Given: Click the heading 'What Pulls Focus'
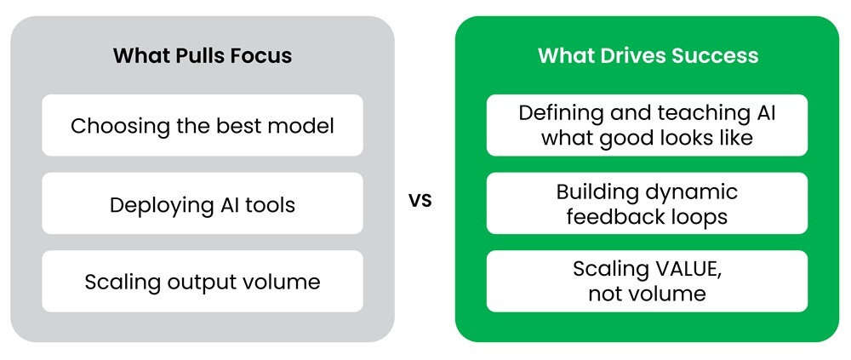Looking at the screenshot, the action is tap(203, 55).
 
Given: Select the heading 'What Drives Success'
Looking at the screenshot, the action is tap(648, 55).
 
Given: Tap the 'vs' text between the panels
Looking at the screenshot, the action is tap(420, 201).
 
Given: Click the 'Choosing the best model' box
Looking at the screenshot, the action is tap(203, 125).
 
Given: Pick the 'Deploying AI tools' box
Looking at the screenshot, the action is tap(203, 203).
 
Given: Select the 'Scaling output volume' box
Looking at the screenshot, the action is tap(203, 281).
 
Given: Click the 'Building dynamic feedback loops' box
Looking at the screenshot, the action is tap(647, 203).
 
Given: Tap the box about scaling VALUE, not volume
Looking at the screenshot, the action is tap(647, 281).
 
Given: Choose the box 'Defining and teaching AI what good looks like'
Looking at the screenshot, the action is tap(647, 125).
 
